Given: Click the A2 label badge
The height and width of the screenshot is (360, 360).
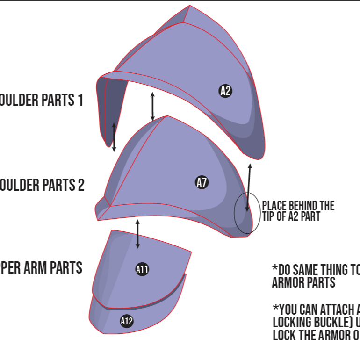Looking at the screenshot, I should (x=225, y=91).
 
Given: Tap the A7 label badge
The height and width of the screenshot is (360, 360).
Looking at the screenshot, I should (x=202, y=183).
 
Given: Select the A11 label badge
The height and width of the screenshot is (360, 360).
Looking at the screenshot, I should (x=142, y=269).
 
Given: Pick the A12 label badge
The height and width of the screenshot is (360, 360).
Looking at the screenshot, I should (x=127, y=321).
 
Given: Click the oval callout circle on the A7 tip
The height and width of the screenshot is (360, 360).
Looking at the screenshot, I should (x=247, y=213).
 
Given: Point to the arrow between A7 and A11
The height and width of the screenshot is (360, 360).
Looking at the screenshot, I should (x=137, y=233).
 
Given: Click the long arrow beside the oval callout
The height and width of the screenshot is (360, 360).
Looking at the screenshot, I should (x=249, y=187).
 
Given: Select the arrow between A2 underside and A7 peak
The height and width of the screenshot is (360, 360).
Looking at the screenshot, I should (x=152, y=106).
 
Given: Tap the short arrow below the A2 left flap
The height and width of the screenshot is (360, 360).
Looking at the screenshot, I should (x=114, y=137).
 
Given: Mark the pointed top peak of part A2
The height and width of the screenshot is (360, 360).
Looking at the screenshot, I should (x=189, y=7).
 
